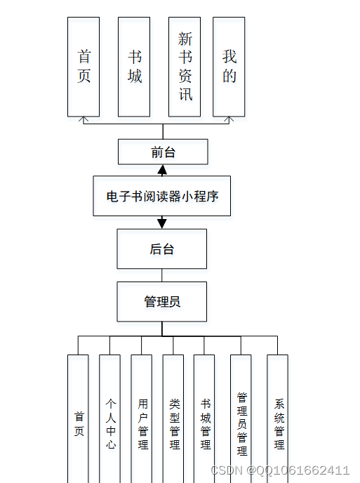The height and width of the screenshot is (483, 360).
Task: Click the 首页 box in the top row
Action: point(84,67)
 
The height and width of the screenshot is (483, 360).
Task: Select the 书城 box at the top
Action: point(134,67)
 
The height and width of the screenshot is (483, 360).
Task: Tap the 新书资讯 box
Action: point(185,67)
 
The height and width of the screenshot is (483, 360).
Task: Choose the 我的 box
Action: point(229,67)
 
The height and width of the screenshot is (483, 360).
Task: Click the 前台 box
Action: point(163,152)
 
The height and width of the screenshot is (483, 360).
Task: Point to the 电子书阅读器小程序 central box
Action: point(162,196)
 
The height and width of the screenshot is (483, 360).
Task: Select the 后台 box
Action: point(162,249)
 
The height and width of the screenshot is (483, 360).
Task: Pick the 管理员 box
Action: point(162,301)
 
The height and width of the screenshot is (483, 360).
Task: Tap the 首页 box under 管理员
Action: point(78,421)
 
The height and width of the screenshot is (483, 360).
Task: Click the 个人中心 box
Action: point(109,421)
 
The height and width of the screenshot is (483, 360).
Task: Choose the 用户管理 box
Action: point(141,421)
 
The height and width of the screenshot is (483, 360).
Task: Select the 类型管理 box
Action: point(173,421)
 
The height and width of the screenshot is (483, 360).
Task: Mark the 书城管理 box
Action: point(204,421)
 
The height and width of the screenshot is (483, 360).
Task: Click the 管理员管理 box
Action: point(241,421)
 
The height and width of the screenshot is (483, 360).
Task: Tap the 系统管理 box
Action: point(278,421)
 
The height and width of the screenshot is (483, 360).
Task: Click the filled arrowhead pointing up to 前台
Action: point(162,170)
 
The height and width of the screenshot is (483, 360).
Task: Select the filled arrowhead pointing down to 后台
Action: point(162,223)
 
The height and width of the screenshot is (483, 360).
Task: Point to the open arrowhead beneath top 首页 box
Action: point(84,120)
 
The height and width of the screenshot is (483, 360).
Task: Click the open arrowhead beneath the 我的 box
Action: point(229,120)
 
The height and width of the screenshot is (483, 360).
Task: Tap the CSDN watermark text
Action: point(280,470)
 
